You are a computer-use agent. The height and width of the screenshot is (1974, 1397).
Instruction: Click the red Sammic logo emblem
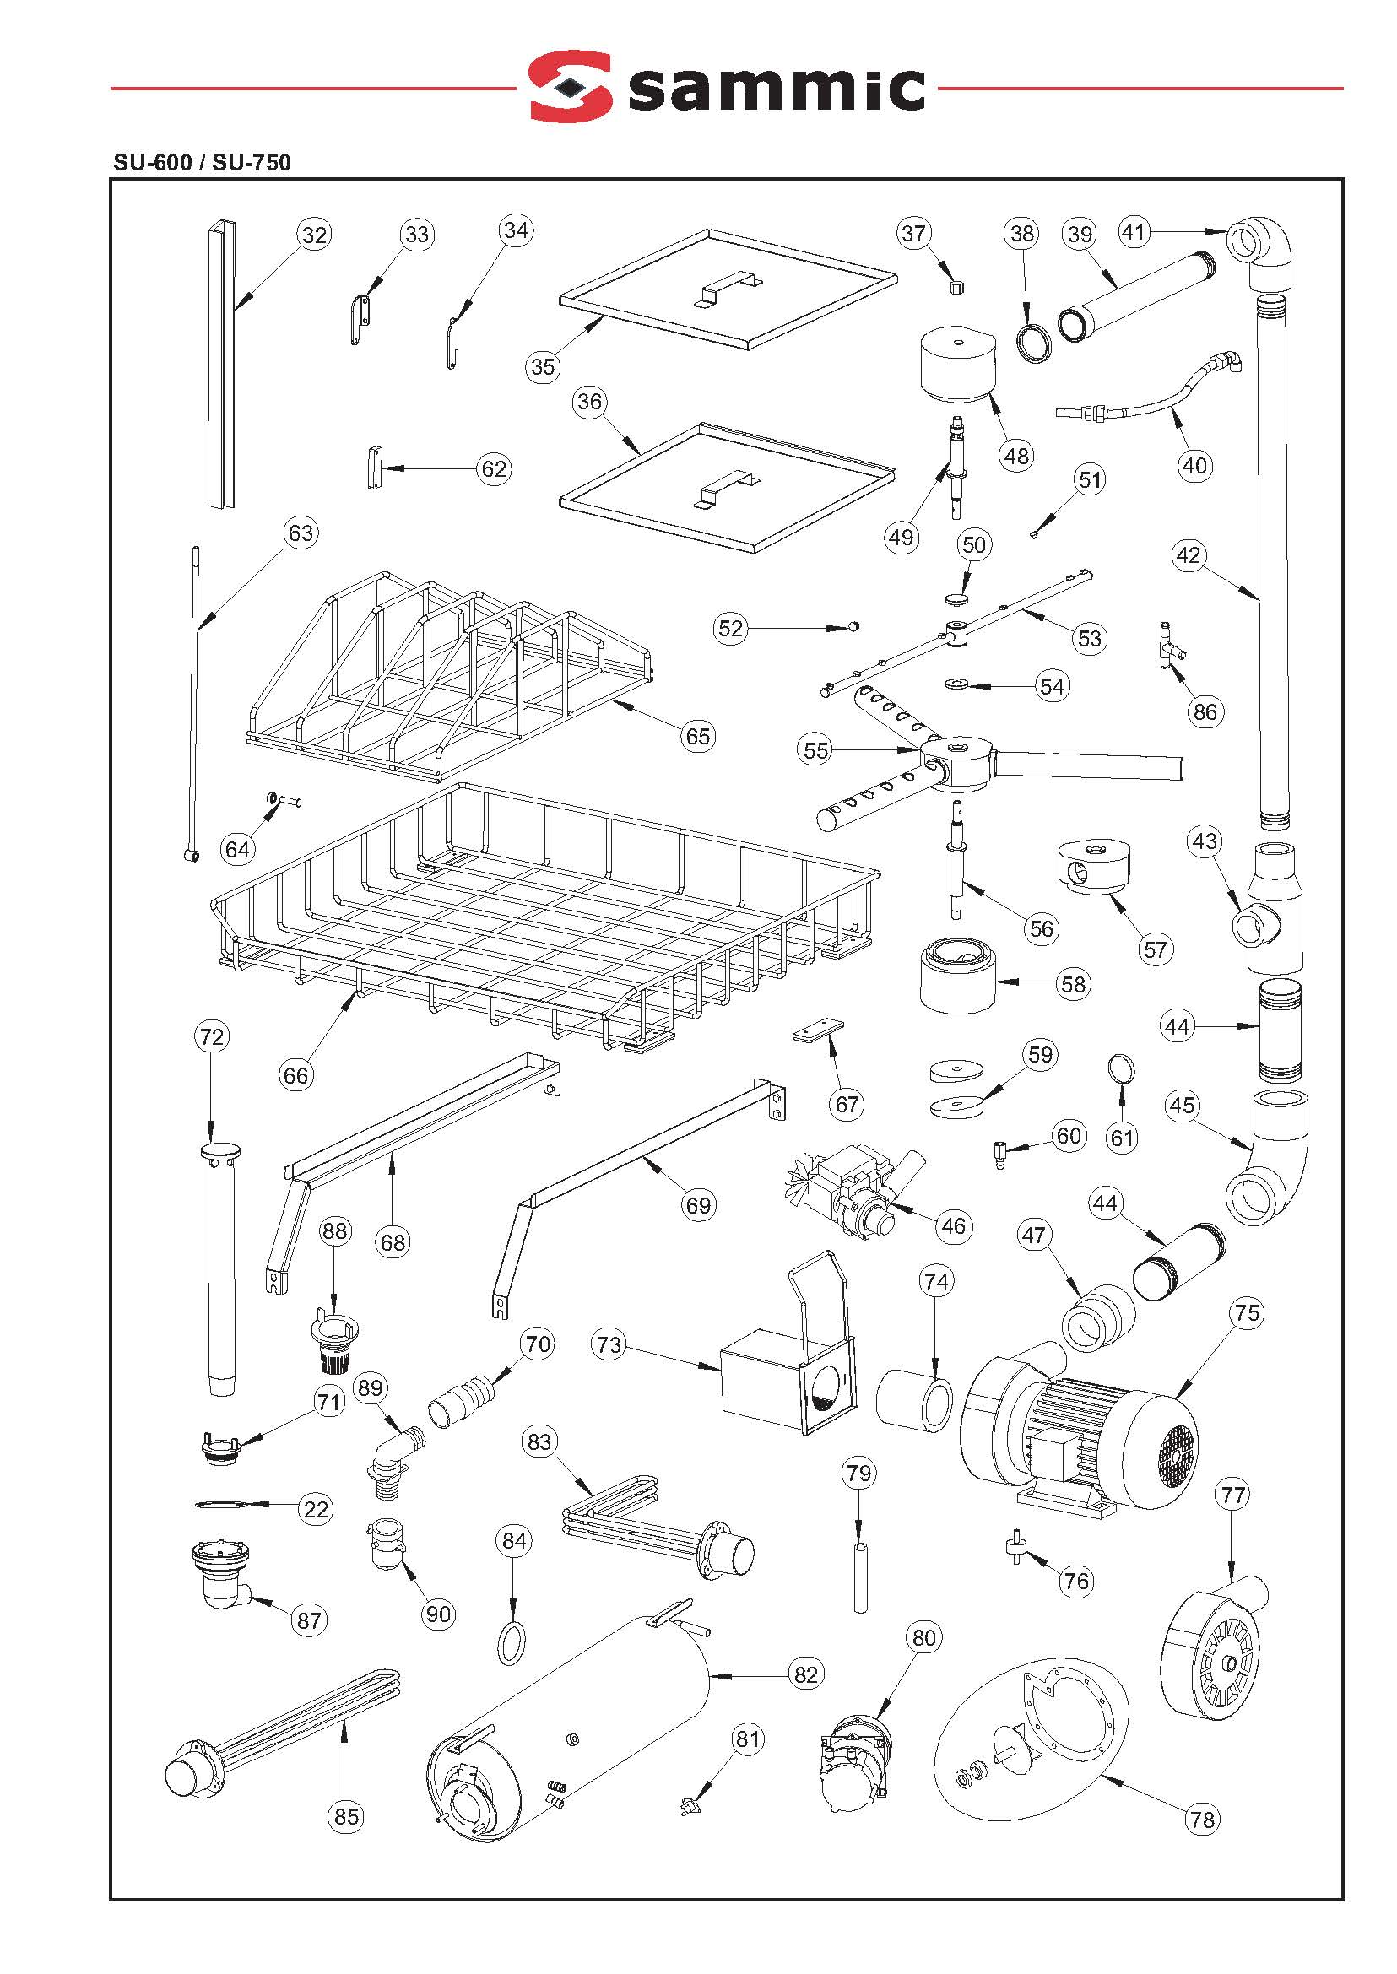(x=570, y=86)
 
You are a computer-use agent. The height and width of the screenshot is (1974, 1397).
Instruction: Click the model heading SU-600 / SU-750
(x=202, y=163)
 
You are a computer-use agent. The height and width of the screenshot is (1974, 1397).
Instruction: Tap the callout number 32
(x=315, y=235)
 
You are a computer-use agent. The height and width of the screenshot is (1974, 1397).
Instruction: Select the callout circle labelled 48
(x=1017, y=456)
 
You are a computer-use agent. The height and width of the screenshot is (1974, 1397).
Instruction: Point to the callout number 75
(x=1247, y=1313)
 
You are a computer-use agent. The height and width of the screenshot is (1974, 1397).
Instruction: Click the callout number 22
(x=316, y=1509)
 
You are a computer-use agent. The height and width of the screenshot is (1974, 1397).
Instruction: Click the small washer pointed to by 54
(x=956, y=684)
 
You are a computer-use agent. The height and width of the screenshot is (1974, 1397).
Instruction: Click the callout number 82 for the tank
(x=805, y=1674)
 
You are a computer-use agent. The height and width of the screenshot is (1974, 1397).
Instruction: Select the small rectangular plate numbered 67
(x=817, y=1030)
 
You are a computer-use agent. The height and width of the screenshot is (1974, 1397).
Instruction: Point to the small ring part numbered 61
(x=1121, y=1069)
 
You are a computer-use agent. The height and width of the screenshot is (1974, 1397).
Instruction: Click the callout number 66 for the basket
(x=296, y=1075)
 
